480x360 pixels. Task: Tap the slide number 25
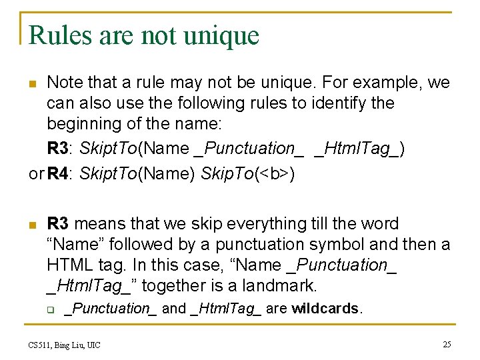[x=446, y=344]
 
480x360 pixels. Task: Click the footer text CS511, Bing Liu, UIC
[x=65, y=345]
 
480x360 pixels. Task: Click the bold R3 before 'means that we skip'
[x=57, y=224]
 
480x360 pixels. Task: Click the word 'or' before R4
[x=35, y=174]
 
